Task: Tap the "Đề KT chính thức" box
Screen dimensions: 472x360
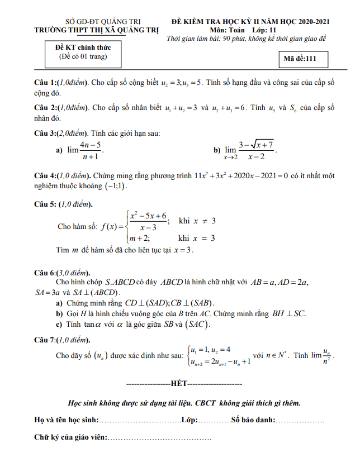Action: coord(83,53)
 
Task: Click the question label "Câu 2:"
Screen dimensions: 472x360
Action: coord(46,108)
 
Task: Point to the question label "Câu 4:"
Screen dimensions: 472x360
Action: coord(46,175)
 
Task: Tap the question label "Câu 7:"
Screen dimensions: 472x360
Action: coord(46,340)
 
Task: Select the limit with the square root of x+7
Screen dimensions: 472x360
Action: coord(250,150)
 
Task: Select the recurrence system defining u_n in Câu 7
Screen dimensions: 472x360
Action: coord(219,355)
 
